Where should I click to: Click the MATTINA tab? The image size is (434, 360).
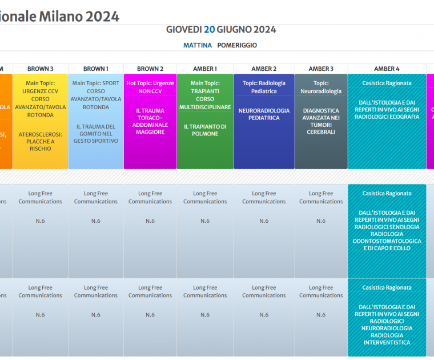pyautogui.click(x=198, y=45)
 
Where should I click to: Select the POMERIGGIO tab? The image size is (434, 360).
pyautogui.click(x=237, y=45)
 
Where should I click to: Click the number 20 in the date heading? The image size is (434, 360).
pyautogui.click(x=210, y=30)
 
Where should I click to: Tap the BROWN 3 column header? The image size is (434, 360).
pyautogui.click(x=40, y=69)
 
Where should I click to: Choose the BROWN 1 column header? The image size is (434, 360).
pyautogui.click(x=95, y=69)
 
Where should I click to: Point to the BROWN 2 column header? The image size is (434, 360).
pyautogui.click(x=150, y=69)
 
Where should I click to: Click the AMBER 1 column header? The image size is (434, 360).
pyautogui.click(x=204, y=69)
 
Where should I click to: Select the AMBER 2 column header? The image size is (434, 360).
pyautogui.click(x=264, y=69)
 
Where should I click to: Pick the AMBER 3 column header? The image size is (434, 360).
pyautogui.click(x=321, y=69)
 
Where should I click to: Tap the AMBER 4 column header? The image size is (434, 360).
pyautogui.click(x=387, y=69)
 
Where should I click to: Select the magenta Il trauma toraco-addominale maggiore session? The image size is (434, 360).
pyautogui.click(x=150, y=121)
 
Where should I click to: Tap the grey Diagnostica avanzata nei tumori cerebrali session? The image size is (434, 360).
pyautogui.click(x=321, y=121)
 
